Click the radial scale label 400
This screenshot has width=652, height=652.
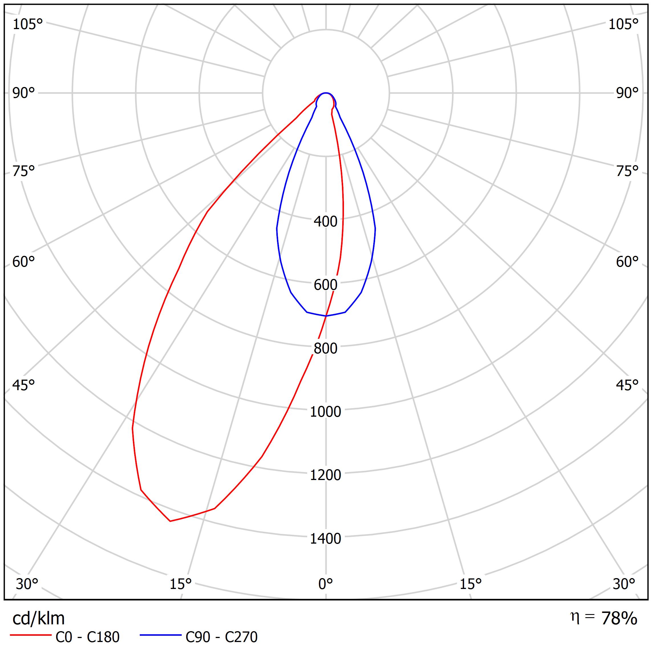[325, 222]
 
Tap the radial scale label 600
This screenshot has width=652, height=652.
[325, 285]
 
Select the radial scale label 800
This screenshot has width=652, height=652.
[325, 349]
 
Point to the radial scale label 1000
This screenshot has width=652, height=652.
[325, 412]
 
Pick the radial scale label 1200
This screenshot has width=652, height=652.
[325, 475]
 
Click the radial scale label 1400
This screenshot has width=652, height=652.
[325, 538]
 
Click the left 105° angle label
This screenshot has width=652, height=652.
[28, 25]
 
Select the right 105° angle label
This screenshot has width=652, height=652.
[623, 25]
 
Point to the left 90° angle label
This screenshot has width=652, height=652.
[24, 94]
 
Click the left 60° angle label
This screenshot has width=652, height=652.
[24, 262]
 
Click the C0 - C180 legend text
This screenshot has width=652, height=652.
[87, 637]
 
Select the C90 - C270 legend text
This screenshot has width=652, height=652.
[221, 637]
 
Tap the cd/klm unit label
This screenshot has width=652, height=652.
[39, 619]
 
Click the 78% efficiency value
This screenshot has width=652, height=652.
[619, 619]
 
